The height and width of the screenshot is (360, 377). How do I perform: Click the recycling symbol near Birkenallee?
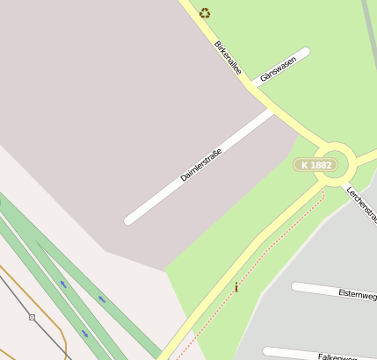(x=205, y=13)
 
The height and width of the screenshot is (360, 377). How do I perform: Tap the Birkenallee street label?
(x=227, y=57)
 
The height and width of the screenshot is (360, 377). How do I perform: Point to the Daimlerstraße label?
(x=200, y=164)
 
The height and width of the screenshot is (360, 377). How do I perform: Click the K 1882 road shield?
(x=315, y=165)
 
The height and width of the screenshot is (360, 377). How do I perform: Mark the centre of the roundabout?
(x=335, y=163)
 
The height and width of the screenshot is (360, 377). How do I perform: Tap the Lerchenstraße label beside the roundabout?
(x=361, y=203)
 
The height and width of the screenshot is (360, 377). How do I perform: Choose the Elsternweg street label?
(x=357, y=295)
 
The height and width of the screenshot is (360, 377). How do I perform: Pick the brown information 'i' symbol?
(x=236, y=287)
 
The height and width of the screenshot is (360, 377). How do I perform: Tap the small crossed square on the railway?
(x=33, y=317)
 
